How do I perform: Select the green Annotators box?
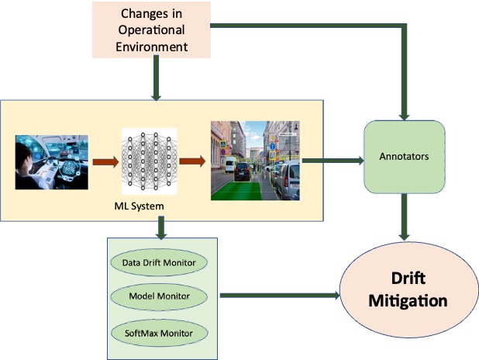tap(405, 157)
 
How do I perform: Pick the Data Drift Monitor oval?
tap(158, 262)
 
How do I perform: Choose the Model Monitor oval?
tap(158, 296)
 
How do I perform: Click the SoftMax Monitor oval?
tap(158, 332)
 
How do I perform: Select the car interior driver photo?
tap(51, 162)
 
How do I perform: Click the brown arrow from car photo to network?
tap(105, 163)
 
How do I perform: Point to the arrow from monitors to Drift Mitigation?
tap(279, 295)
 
